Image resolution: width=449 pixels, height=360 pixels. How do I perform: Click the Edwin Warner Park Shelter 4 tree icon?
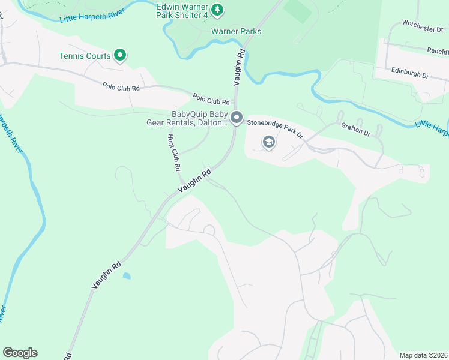(x=218, y=9)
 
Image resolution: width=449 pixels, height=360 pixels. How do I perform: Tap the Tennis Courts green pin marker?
(x=119, y=56)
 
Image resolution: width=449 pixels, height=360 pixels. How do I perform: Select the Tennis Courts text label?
(x=85, y=56)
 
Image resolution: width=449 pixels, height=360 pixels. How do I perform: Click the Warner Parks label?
(x=236, y=31)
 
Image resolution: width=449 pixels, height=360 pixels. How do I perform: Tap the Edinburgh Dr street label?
(x=409, y=73)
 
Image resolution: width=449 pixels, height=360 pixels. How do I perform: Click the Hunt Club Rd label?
(x=173, y=152)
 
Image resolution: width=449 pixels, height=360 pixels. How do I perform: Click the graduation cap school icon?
(x=268, y=142)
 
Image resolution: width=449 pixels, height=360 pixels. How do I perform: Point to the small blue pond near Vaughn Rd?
(x=127, y=276)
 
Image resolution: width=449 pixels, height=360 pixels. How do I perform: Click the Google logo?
(x=20, y=353)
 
